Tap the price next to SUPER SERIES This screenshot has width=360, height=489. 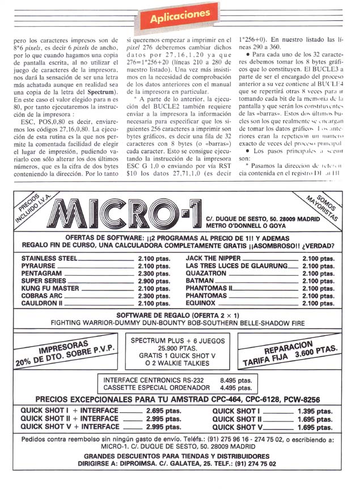click(151, 280)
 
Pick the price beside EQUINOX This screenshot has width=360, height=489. click(318, 303)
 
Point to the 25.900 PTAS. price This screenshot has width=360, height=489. click(180, 348)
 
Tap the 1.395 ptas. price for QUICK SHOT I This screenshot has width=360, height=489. click(315, 410)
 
